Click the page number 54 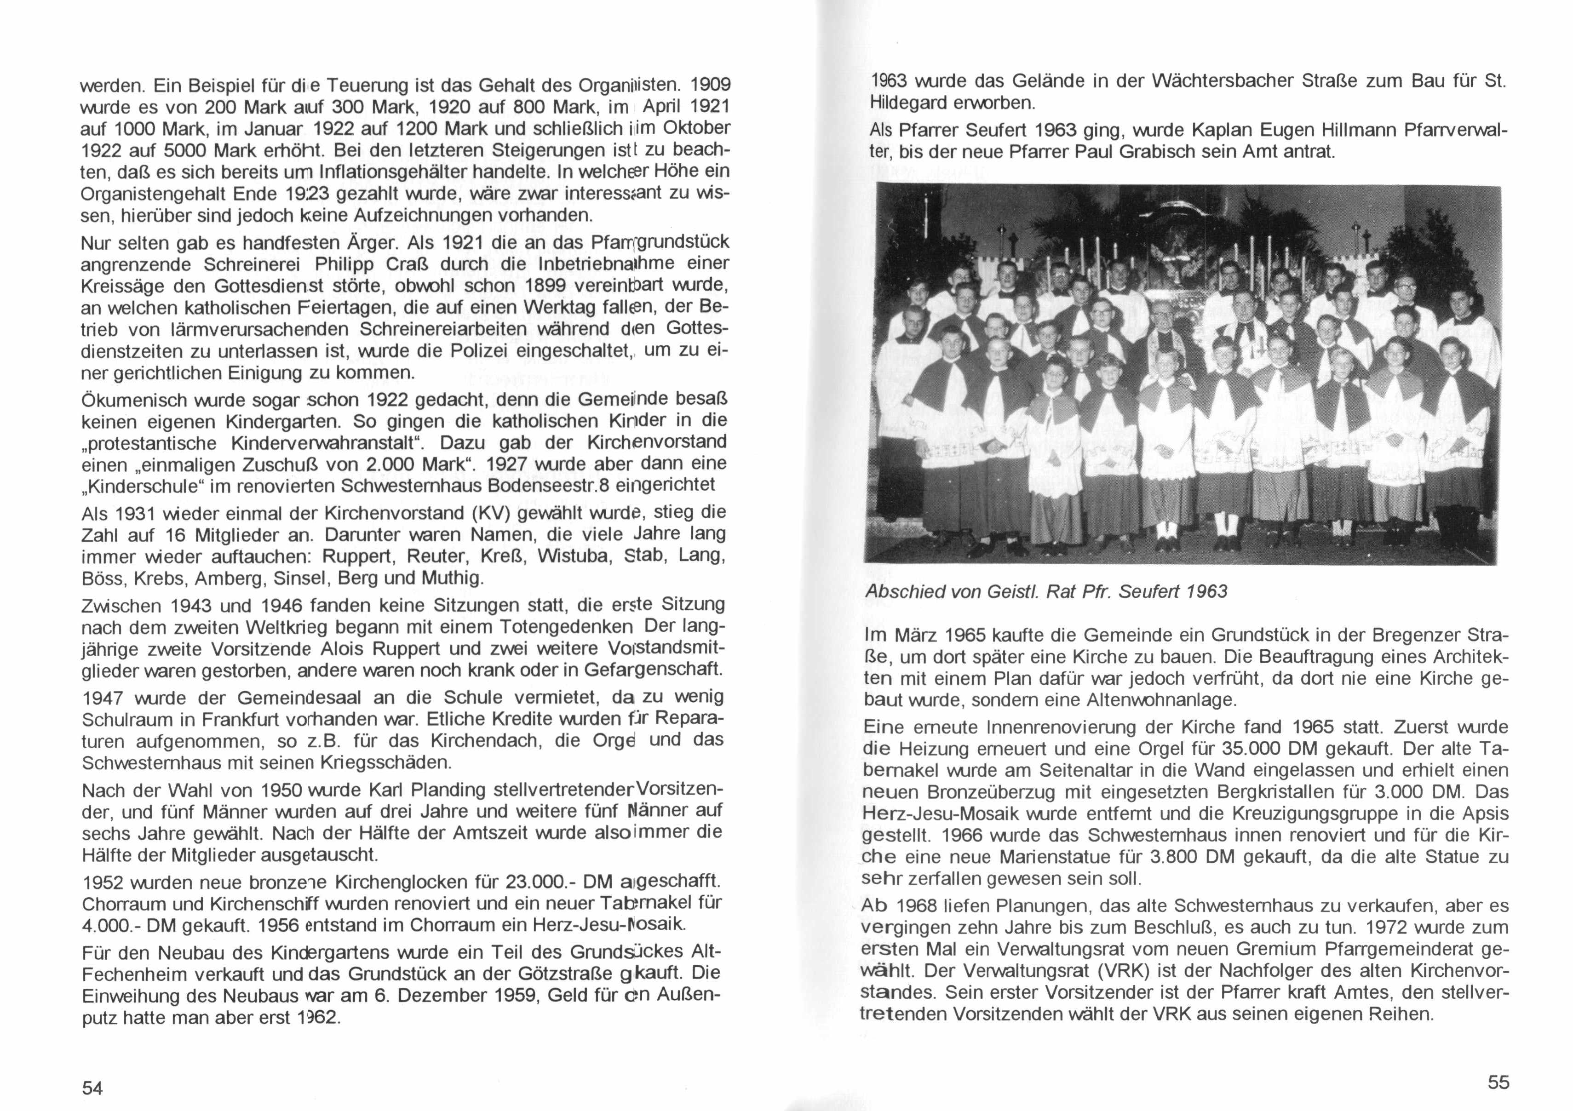pyautogui.click(x=92, y=1087)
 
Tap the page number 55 pyautogui.click(x=1498, y=1082)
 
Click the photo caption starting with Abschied pyautogui.click(x=1046, y=591)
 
